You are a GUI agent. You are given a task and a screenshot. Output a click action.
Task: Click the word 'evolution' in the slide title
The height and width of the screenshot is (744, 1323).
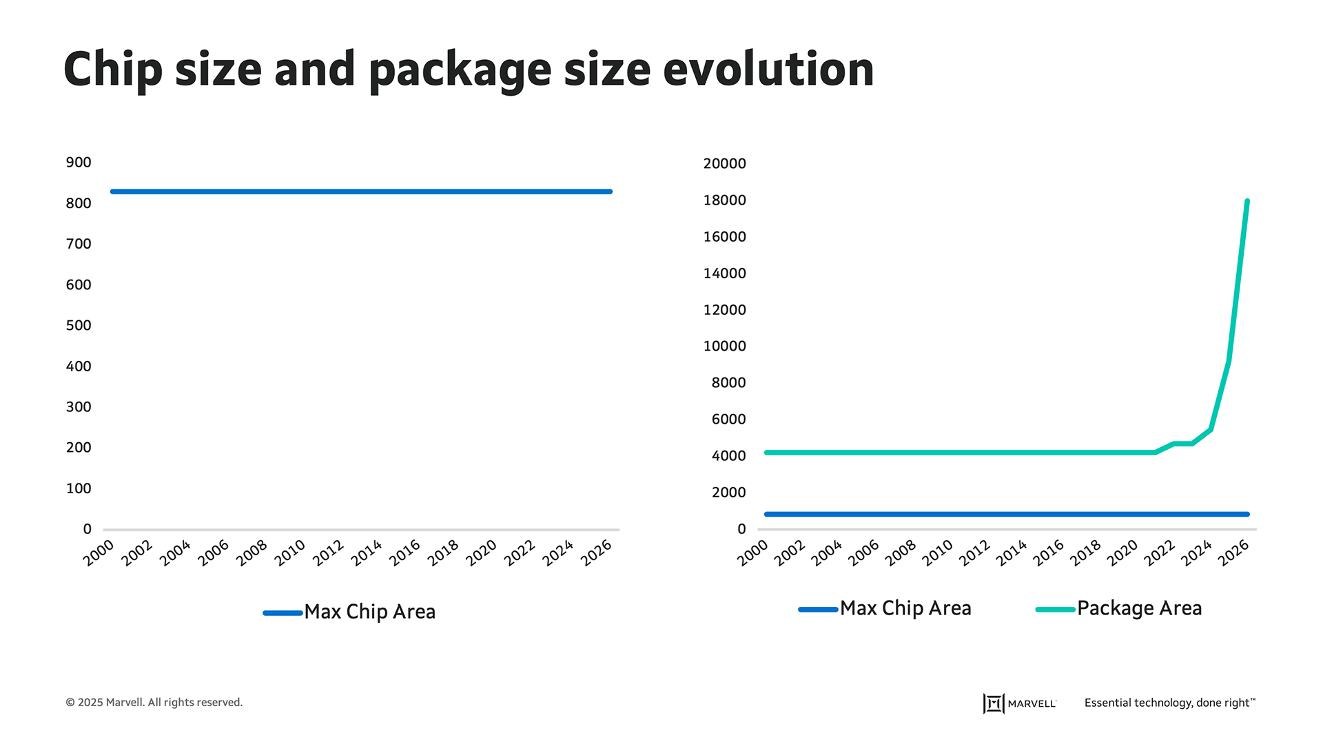click(x=768, y=70)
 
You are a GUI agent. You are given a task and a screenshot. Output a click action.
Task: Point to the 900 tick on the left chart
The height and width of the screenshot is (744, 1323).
click(x=79, y=163)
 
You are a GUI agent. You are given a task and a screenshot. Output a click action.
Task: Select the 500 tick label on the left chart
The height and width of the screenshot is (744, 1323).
click(x=79, y=325)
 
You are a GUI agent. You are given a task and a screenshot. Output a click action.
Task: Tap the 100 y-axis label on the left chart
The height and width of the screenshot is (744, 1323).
click(x=79, y=488)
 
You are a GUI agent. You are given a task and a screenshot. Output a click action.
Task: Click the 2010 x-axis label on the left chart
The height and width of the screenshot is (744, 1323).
click(x=290, y=553)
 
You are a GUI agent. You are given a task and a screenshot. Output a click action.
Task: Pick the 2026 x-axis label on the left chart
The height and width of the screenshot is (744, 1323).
click(x=597, y=553)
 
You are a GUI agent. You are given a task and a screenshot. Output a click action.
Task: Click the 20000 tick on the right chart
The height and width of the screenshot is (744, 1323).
click(x=724, y=164)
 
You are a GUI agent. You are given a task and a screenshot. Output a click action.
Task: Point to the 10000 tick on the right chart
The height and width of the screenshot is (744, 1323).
click(x=724, y=347)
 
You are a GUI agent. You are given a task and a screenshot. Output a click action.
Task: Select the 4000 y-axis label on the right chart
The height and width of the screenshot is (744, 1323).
click(x=728, y=456)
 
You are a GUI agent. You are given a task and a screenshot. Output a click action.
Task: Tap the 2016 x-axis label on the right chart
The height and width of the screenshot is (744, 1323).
click(x=1049, y=553)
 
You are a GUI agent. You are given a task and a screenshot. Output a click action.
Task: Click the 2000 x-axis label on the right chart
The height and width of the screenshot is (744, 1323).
click(x=752, y=553)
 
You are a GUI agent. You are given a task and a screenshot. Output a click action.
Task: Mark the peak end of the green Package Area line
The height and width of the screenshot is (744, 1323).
click(x=1247, y=201)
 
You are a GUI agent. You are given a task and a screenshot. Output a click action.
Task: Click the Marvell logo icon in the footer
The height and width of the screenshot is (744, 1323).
click(x=993, y=703)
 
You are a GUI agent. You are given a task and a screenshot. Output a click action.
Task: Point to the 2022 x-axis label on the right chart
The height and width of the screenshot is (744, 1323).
click(x=1160, y=553)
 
